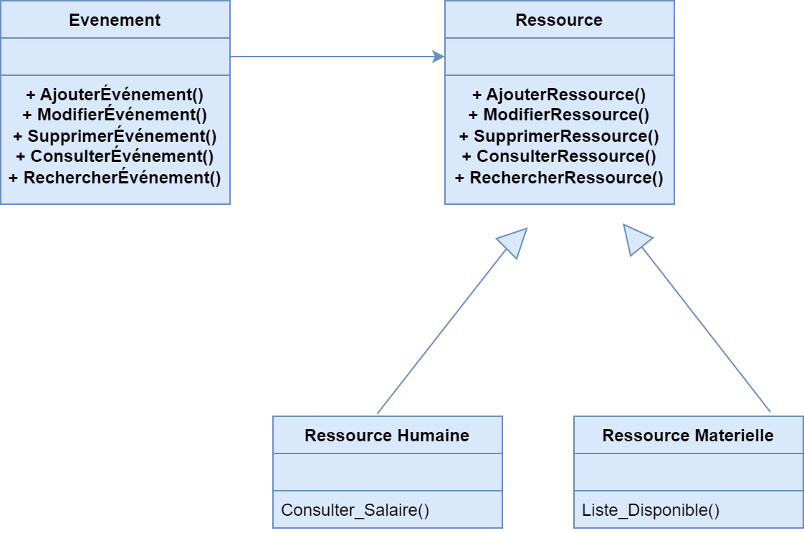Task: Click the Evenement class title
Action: pyautogui.click(x=115, y=20)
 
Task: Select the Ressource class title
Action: pyautogui.click(x=559, y=20)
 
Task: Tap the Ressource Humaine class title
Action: pyautogui.click(x=387, y=436)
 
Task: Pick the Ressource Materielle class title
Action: pyautogui.click(x=688, y=436)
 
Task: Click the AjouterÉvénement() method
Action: pyautogui.click(x=115, y=95)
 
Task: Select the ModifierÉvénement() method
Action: pyautogui.click(x=115, y=115)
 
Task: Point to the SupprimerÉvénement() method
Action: pyautogui.click(x=115, y=136)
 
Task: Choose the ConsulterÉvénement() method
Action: pyautogui.click(x=115, y=157)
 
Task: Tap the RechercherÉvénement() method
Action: pyautogui.click(x=115, y=178)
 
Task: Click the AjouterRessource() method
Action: pyautogui.click(x=559, y=95)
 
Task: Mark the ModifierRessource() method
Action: pyautogui.click(x=559, y=115)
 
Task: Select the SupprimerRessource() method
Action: pyautogui.click(x=559, y=136)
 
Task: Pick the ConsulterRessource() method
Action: pyautogui.click(x=559, y=157)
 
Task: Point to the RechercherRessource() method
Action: pyautogui.click(x=559, y=178)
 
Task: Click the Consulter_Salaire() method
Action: pyautogui.click(x=355, y=510)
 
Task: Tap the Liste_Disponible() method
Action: pyautogui.click(x=651, y=510)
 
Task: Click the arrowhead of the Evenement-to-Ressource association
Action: pyautogui.click(x=439, y=57)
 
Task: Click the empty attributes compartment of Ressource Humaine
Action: pyautogui.click(x=387, y=472)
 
